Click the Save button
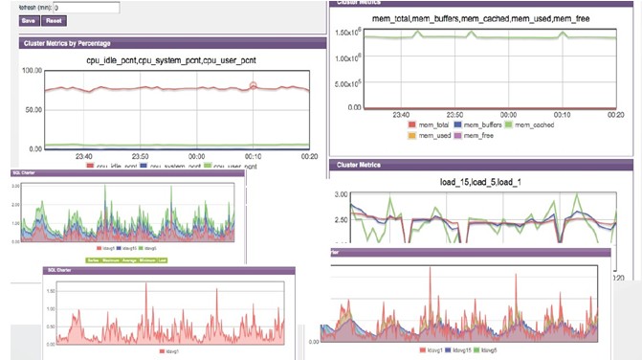28,19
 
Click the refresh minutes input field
85,7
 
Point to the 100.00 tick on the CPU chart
33,71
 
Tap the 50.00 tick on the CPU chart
34,110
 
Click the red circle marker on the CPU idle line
254,86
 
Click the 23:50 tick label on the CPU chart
140,157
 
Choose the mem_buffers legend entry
476,124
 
